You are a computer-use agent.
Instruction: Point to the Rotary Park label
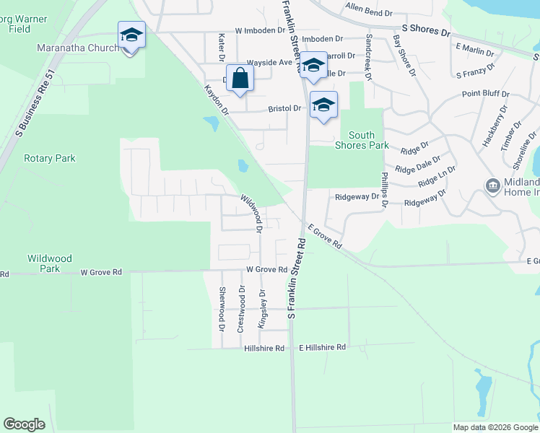(x=50, y=158)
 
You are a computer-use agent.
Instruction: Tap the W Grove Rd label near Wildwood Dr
(x=266, y=269)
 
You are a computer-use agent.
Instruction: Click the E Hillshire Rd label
(x=323, y=347)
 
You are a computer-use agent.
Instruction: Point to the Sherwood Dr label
(x=222, y=307)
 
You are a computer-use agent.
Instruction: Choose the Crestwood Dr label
(x=241, y=309)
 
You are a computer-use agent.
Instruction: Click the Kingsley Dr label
(x=263, y=308)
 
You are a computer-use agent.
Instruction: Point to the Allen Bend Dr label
(x=368, y=13)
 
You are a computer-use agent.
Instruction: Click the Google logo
(x=24, y=424)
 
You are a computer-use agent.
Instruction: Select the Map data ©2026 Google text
(x=495, y=427)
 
